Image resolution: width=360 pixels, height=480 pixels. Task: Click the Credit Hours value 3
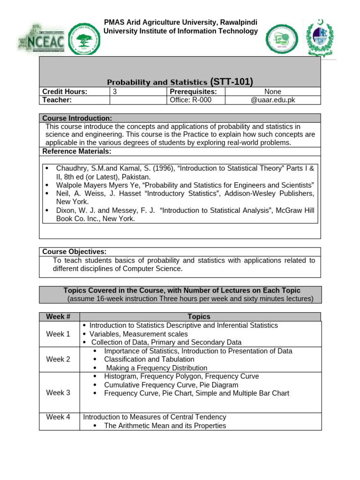[x=115, y=92]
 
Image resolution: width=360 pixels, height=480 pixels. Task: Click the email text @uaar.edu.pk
[x=273, y=100]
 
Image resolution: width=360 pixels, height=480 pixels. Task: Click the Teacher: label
[x=57, y=100]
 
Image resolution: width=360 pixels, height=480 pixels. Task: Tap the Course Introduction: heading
[x=77, y=118]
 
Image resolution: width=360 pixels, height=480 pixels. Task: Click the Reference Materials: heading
[x=77, y=151]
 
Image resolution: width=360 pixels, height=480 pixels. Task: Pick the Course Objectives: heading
[x=75, y=252]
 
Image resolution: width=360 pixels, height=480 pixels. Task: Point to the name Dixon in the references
[x=66, y=210]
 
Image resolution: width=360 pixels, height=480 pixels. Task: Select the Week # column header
[x=58, y=317]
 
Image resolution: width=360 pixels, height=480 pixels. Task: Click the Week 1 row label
[x=58, y=334]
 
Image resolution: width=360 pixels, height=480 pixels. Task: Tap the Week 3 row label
[x=58, y=393]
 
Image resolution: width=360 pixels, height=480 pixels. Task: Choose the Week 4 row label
[x=58, y=417]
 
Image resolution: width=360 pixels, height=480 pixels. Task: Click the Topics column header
[x=199, y=317]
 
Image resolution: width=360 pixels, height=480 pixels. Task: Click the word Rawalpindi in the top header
[x=237, y=22]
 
